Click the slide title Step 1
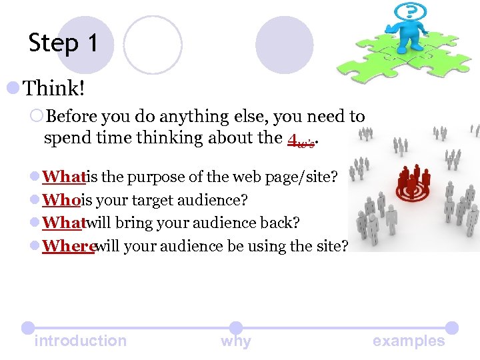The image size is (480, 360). [x=63, y=43]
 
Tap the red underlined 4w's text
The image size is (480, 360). [x=301, y=139]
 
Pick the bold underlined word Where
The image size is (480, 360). [x=68, y=246]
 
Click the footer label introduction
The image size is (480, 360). [x=80, y=341]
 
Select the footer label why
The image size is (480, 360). [x=236, y=341]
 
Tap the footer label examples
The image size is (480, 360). [x=409, y=341]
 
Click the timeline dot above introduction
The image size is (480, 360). [x=27, y=328]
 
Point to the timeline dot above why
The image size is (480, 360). [x=236, y=328]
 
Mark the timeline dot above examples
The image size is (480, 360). [x=451, y=328]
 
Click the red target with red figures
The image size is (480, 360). [x=414, y=183]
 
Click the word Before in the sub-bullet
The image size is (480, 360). [x=72, y=117]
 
